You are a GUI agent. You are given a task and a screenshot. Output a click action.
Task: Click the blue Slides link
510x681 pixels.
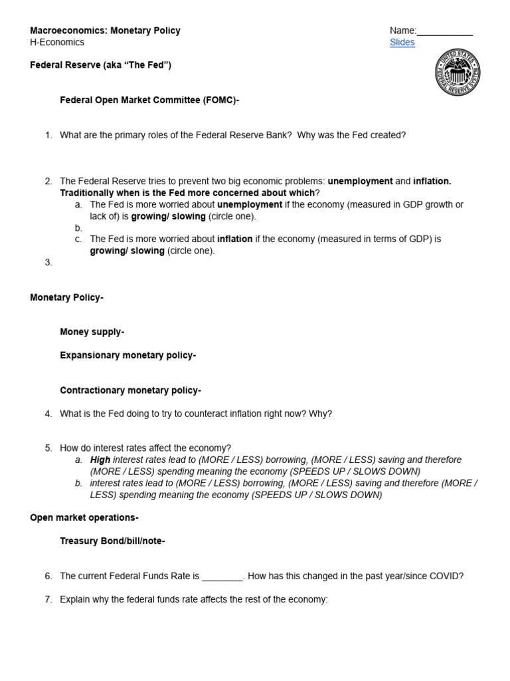[x=402, y=43]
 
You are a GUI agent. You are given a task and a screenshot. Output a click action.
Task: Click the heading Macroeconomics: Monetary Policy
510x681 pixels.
[x=105, y=31]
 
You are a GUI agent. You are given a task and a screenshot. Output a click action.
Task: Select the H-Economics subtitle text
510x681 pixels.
[x=57, y=43]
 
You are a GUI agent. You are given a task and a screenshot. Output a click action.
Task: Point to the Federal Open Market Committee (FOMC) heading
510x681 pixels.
[x=149, y=100]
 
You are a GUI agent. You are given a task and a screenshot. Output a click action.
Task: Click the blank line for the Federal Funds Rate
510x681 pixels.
[x=222, y=577]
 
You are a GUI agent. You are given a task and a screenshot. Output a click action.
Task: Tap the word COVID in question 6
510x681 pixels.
[x=446, y=577]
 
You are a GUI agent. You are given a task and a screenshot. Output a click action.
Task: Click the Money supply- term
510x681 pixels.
[x=92, y=332]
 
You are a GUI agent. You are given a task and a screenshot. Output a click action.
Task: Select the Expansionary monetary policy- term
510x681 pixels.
[x=127, y=355]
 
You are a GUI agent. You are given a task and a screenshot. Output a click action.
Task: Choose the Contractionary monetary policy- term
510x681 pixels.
[x=130, y=390]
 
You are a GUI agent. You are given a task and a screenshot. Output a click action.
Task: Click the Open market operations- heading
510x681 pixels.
[x=84, y=517]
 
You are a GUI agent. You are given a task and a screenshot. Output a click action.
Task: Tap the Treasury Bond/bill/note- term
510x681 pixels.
[x=112, y=541]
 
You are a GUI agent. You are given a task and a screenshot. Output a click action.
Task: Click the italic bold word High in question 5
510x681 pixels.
[x=100, y=460]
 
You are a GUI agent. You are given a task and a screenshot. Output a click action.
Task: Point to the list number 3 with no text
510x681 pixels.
[x=48, y=263]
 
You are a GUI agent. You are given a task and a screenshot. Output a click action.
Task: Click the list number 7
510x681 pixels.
[x=48, y=600]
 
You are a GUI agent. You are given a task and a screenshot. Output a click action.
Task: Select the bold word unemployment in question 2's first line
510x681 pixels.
[x=360, y=182]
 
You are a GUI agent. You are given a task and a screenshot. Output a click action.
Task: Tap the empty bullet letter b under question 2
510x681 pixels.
[x=78, y=228]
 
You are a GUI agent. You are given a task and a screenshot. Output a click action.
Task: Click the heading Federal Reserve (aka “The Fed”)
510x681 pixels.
[x=100, y=65]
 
